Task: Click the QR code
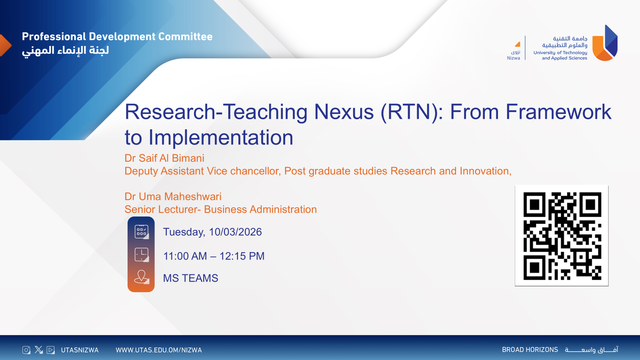click(x=562, y=236)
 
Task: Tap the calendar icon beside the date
click(x=142, y=232)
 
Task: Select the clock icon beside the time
click(x=142, y=254)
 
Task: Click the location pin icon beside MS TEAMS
click(x=142, y=277)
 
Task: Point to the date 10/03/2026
click(x=235, y=232)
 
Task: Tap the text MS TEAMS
click(x=190, y=278)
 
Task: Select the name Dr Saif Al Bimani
click(x=164, y=158)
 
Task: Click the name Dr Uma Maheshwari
click(x=173, y=196)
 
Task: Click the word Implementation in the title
click(x=221, y=138)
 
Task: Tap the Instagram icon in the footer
click(x=26, y=350)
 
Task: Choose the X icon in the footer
click(x=38, y=350)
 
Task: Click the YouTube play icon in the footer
click(x=51, y=350)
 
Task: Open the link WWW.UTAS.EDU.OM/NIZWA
click(x=159, y=350)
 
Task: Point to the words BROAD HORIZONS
click(x=530, y=350)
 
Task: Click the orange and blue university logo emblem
click(x=605, y=43)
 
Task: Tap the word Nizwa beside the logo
click(x=514, y=58)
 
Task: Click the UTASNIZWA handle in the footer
click(x=80, y=350)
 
